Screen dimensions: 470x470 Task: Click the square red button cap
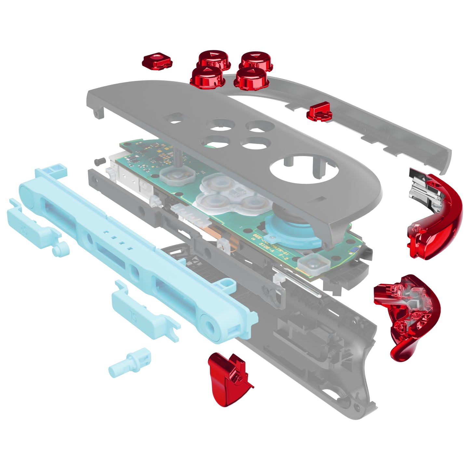[x=157, y=61]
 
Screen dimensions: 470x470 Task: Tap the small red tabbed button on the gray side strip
[x=319, y=111]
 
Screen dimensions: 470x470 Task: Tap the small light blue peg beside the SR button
[x=60, y=249]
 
